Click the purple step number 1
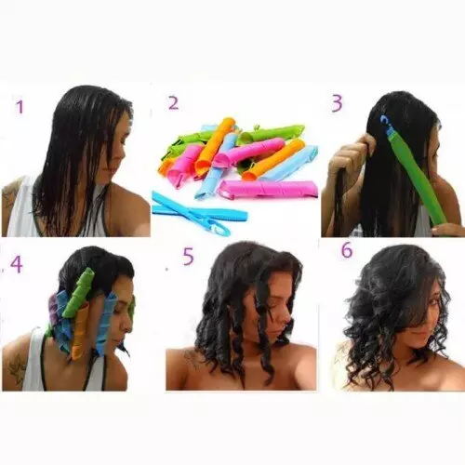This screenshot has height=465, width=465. [20, 106]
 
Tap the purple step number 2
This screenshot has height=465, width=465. [174, 102]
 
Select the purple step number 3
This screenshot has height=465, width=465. [337, 103]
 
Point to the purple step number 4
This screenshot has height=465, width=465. [17, 264]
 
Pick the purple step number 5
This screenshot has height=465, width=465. [188, 257]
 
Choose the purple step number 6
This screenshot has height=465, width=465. [347, 250]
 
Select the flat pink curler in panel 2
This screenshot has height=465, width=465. [268, 189]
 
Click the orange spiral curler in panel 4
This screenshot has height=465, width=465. [79, 332]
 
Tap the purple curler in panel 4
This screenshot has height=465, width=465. [53, 307]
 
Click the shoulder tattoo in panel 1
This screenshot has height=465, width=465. [10, 194]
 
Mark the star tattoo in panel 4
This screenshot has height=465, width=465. [16, 368]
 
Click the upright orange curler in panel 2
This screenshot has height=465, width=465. [211, 145]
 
